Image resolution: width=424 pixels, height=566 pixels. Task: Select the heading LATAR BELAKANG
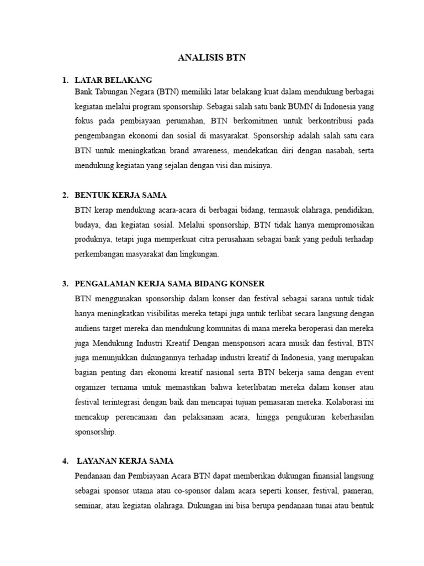point(113,80)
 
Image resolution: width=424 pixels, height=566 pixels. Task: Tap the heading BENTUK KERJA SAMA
point(120,195)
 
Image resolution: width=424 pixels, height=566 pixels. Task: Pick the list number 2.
point(65,195)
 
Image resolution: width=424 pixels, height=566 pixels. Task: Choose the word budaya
point(87,225)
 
